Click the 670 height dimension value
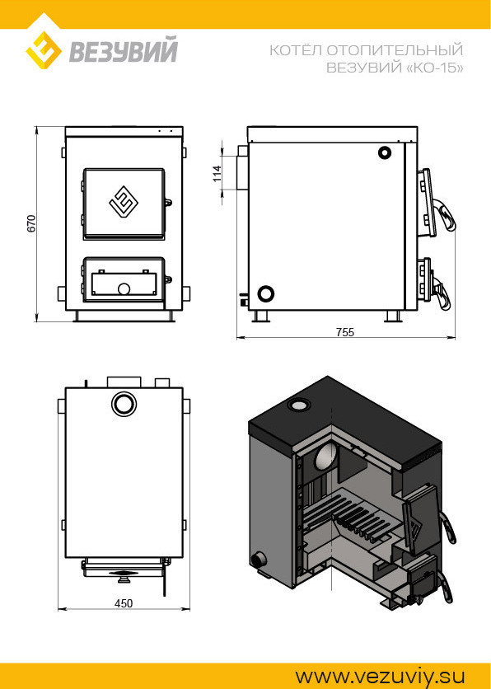point(30,223)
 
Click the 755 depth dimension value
point(345,332)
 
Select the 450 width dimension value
point(124,603)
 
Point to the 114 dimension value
point(217,174)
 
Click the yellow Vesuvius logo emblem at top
point(44,50)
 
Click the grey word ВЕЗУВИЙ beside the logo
point(124,51)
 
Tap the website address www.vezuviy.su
point(380,676)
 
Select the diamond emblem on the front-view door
point(124,203)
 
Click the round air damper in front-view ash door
point(124,288)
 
